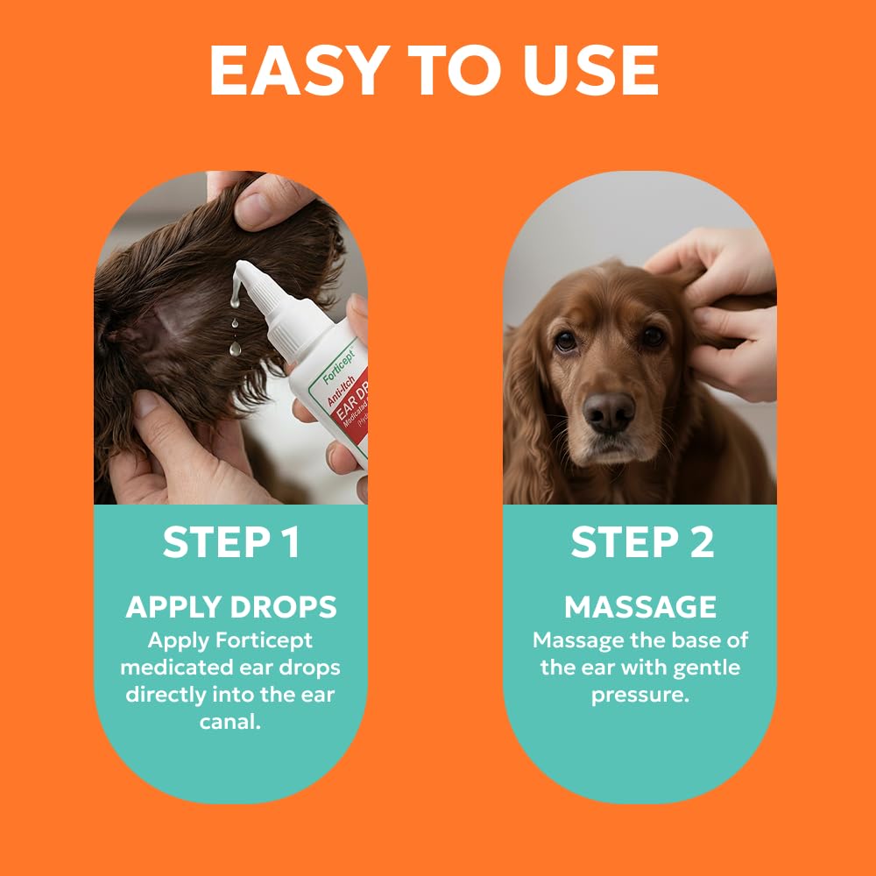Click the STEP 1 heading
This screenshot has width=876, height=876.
[x=231, y=543]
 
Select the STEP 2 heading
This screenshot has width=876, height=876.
[x=642, y=543]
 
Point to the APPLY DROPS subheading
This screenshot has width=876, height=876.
[x=231, y=607]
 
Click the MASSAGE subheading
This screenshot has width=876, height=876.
[x=640, y=607]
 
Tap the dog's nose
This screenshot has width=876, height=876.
[x=610, y=410]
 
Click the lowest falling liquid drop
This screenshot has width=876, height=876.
[x=235, y=349]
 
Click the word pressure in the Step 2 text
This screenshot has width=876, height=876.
[x=640, y=696]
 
